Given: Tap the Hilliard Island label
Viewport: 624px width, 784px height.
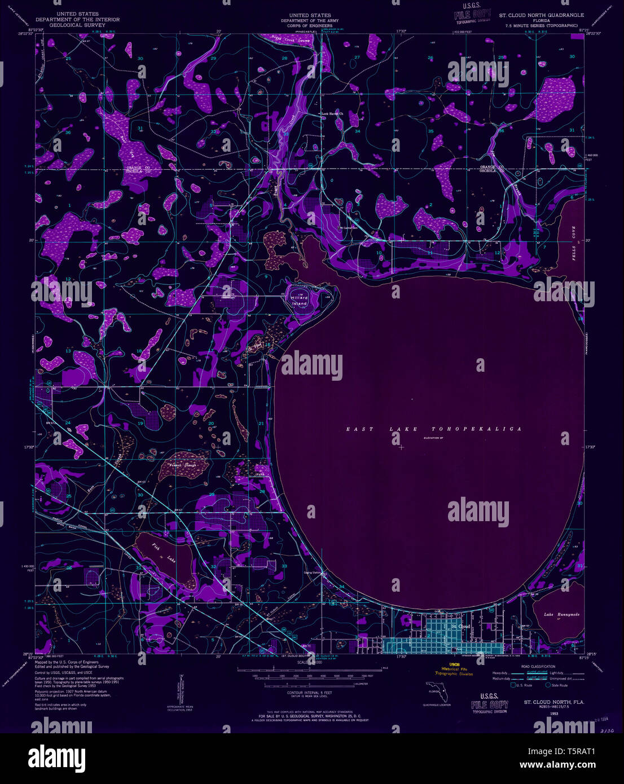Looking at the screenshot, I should (299, 301).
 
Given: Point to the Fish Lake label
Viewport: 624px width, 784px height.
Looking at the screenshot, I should (163, 552).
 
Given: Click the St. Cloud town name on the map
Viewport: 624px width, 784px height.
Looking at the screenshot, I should (460, 626).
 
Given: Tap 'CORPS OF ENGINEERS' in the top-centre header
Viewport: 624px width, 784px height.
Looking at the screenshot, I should (310, 25).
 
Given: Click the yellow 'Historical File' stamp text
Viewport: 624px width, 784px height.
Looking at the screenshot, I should (457, 669).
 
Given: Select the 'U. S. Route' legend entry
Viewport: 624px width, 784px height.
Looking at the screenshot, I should (524, 685).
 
